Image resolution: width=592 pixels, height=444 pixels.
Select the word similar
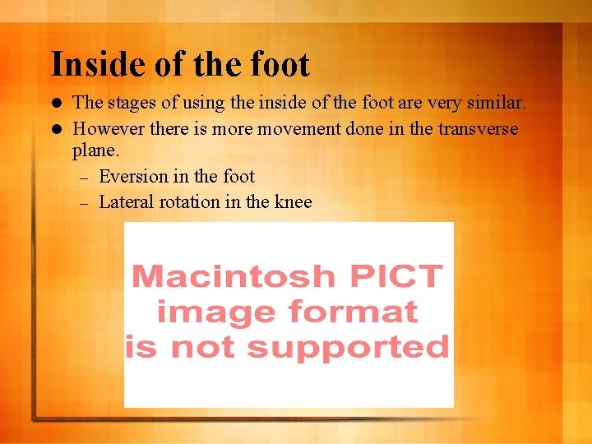coord(494,104)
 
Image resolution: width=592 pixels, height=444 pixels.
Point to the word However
coord(107,129)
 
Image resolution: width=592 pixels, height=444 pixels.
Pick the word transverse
coord(479,129)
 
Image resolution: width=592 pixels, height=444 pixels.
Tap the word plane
coord(96,152)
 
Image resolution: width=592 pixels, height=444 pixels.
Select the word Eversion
coord(133,177)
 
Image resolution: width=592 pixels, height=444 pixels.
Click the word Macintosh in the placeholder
coord(234,276)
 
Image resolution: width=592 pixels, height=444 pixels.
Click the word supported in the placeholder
coord(348,348)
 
